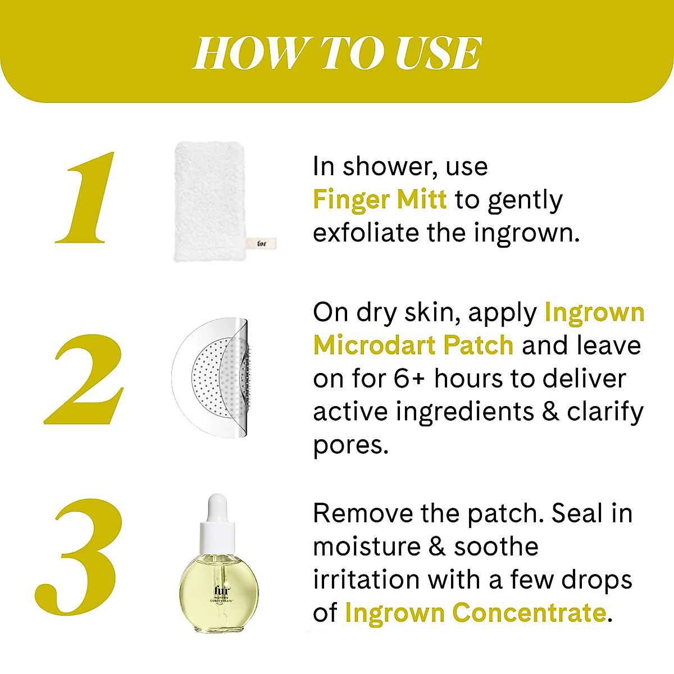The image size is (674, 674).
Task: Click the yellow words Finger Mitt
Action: click(380, 199)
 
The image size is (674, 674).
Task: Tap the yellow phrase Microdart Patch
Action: click(413, 345)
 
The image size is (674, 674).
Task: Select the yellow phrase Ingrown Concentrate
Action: click(475, 612)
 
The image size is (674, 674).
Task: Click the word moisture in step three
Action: click(365, 546)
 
